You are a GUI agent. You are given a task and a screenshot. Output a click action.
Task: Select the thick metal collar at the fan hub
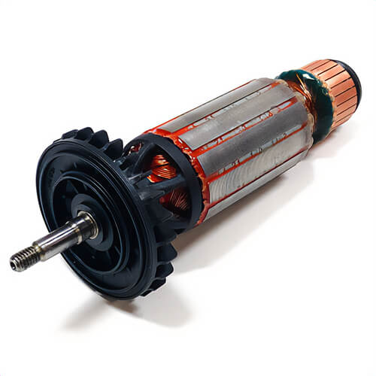pyautogui.click(x=85, y=224)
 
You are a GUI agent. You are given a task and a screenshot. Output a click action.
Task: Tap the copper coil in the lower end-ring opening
pyautogui.click(x=179, y=199)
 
